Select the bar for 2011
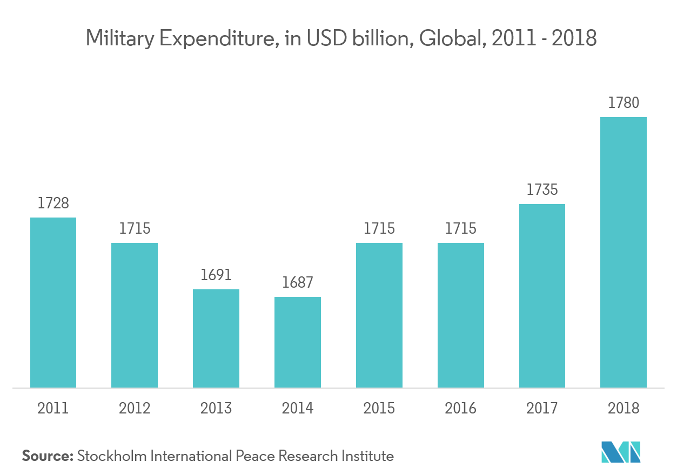[x=53, y=302]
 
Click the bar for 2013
[x=216, y=338]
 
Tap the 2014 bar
[x=298, y=342]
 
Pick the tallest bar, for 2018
[x=624, y=252]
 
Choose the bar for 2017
[x=542, y=296]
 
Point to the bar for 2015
[x=379, y=315]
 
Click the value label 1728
[x=53, y=203]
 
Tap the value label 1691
[x=216, y=275]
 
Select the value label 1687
[x=298, y=283]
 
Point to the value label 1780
[x=624, y=103]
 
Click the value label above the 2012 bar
[x=135, y=229]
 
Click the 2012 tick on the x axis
[x=135, y=408]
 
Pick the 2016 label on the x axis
[x=460, y=408]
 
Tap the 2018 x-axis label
[x=624, y=408]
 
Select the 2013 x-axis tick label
[x=216, y=408]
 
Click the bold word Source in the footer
[x=47, y=457]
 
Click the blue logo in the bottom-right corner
[x=621, y=452]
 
